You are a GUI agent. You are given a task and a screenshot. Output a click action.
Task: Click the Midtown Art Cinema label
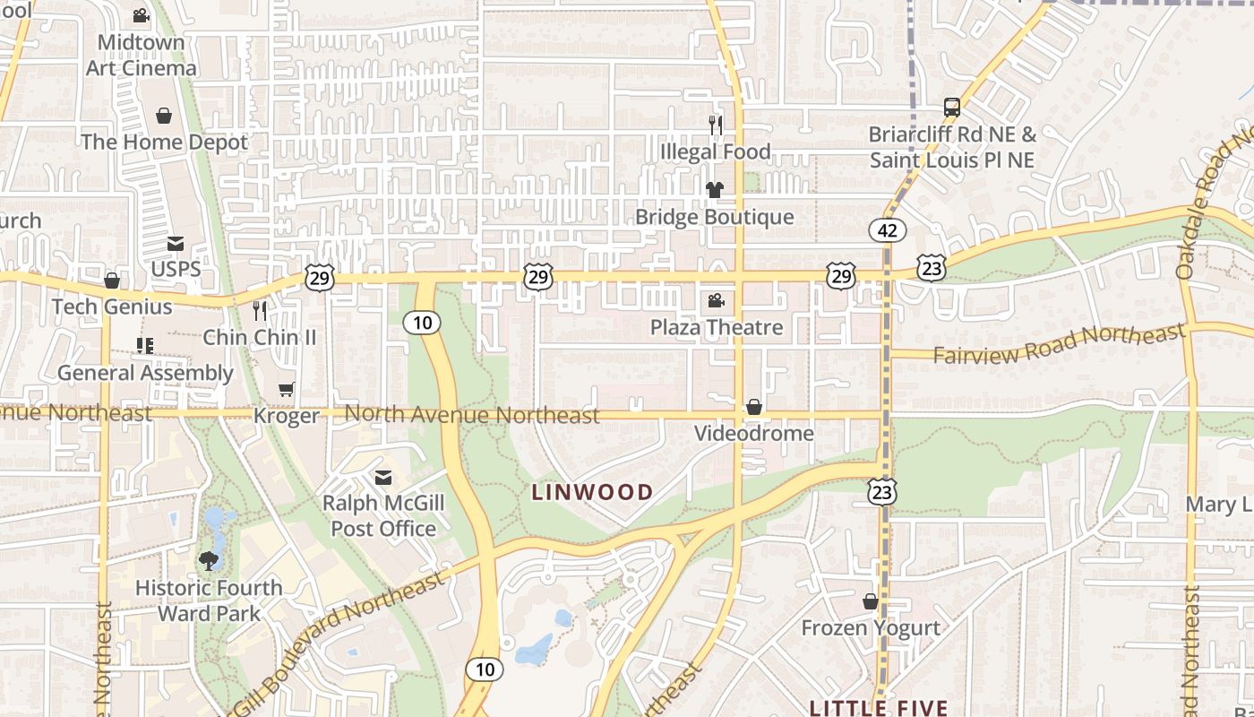141,55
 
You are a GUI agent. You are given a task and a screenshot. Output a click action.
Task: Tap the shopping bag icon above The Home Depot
164,116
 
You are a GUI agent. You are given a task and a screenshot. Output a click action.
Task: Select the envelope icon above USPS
176,244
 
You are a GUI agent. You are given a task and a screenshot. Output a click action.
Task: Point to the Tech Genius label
112,307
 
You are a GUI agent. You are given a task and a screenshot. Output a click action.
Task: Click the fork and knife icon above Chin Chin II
260,311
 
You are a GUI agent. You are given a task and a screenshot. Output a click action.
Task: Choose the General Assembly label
145,373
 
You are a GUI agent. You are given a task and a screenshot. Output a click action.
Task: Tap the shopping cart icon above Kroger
287,389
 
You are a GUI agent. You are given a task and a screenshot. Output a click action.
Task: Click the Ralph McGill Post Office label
383,515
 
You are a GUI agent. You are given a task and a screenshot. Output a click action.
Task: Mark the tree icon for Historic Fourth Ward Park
209,561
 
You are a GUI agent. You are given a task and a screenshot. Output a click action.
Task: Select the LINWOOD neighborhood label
592,492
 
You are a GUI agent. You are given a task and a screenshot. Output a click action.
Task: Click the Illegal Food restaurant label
715,151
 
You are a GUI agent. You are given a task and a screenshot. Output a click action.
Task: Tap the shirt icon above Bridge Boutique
715,190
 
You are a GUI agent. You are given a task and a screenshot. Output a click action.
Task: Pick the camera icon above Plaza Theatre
716,301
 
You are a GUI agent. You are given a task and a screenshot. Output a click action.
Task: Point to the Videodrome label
754,434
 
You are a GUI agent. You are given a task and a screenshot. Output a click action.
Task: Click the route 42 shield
887,230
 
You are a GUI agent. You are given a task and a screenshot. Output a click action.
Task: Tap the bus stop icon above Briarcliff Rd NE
952,108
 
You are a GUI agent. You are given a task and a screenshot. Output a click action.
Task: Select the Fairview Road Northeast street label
1059,344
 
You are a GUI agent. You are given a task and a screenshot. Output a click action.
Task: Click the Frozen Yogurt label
871,627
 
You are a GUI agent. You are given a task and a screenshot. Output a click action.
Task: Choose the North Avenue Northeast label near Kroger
472,414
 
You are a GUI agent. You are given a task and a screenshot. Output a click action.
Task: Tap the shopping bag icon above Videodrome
754,407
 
